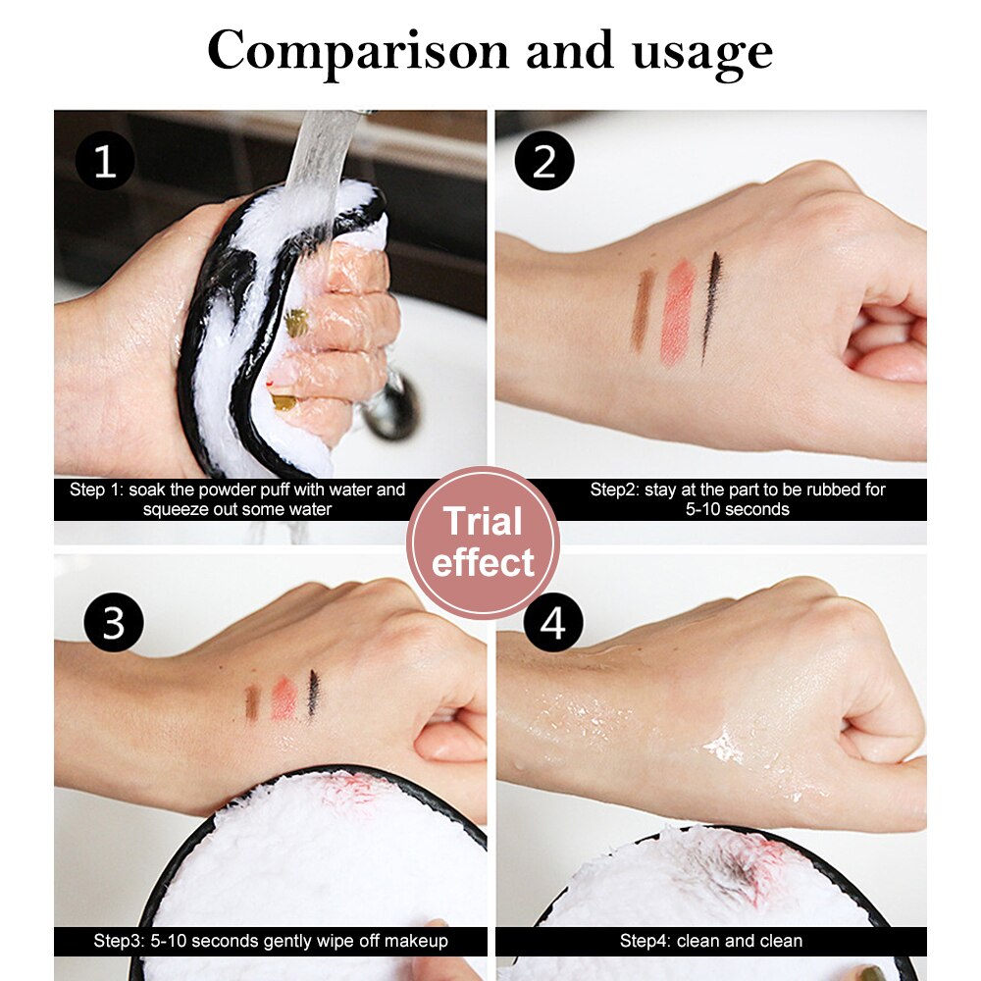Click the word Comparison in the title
click(359, 51)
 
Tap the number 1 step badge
click(104, 160)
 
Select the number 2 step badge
click(545, 160)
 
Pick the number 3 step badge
click(113, 622)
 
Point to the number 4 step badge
click(553, 622)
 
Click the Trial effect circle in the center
click(483, 542)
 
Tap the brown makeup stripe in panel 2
click(644, 309)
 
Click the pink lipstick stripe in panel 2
click(677, 312)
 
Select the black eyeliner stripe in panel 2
click(710, 305)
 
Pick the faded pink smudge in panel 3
click(284, 698)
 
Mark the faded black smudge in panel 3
click(313, 693)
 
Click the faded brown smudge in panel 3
click(252, 702)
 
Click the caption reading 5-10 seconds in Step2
click(738, 509)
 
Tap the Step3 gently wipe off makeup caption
click(271, 941)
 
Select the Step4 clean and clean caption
click(711, 941)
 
